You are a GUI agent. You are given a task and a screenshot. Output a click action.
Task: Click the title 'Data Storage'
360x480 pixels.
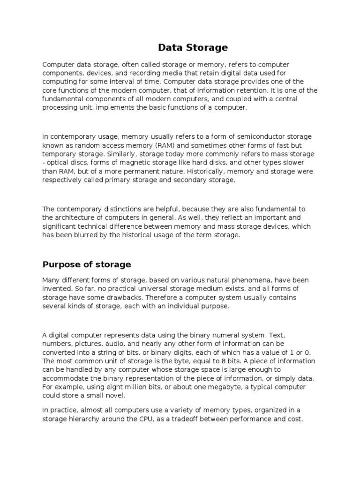click(193, 47)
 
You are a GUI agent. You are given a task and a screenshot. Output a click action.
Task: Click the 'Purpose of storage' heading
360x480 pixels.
click(87, 264)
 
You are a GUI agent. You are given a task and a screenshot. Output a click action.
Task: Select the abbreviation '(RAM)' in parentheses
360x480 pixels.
click(174, 145)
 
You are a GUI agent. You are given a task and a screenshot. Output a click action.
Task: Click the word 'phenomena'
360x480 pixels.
click(262, 280)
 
